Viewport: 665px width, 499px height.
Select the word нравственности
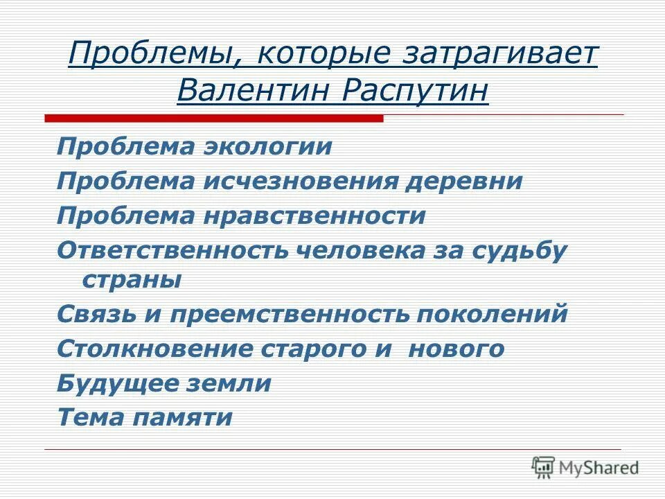click(x=314, y=215)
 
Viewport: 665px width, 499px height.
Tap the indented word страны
click(x=132, y=281)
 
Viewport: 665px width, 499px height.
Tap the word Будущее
click(x=122, y=383)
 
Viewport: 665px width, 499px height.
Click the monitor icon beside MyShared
click(x=544, y=468)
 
